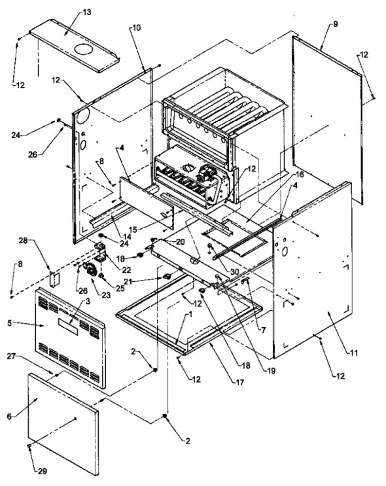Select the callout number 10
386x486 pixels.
pos(136,29)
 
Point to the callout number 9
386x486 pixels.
pos(335,24)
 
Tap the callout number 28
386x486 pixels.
pos(24,243)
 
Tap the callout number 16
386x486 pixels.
pos(299,175)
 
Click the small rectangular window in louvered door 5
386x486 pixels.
pos(67,326)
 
